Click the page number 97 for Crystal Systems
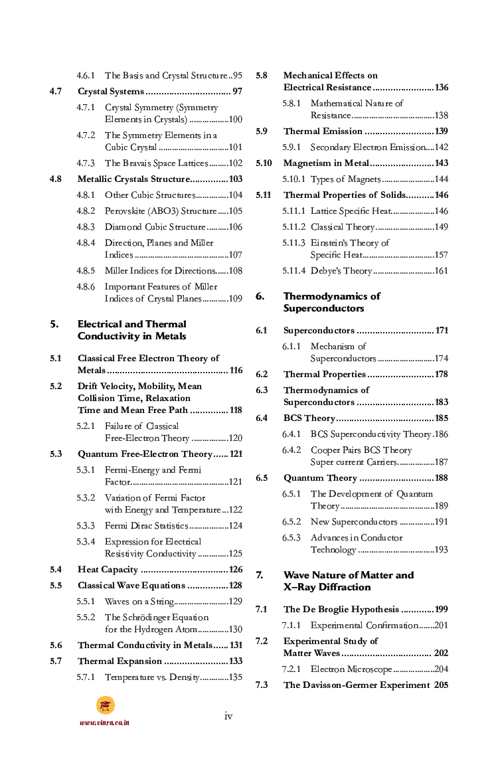[x=236, y=92]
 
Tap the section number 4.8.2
[x=86, y=211]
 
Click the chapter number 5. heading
[x=54, y=324]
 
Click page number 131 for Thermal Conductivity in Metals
[x=236, y=645]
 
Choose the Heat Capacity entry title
[x=108, y=570]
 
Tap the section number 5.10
[x=264, y=163]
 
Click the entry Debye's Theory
[x=341, y=271]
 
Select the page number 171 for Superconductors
[x=442, y=331]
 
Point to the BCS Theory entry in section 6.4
[x=309, y=418]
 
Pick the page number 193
[x=441, y=550]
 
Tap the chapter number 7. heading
[x=260, y=575]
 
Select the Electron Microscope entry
[x=351, y=669]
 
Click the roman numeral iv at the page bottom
[x=228, y=716]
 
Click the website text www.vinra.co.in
[x=105, y=722]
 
